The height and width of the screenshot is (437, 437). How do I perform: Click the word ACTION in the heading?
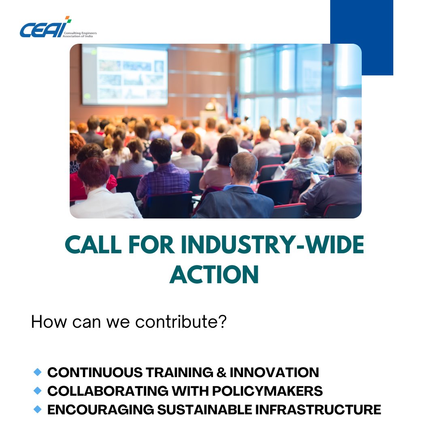click(x=214, y=275)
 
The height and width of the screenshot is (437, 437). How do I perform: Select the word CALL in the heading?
click(x=93, y=246)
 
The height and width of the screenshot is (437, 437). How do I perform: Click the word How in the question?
click(x=46, y=322)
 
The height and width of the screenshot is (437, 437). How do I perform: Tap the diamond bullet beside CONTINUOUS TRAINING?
click(x=38, y=371)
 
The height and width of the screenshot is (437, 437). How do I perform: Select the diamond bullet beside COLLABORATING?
click(x=38, y=390)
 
